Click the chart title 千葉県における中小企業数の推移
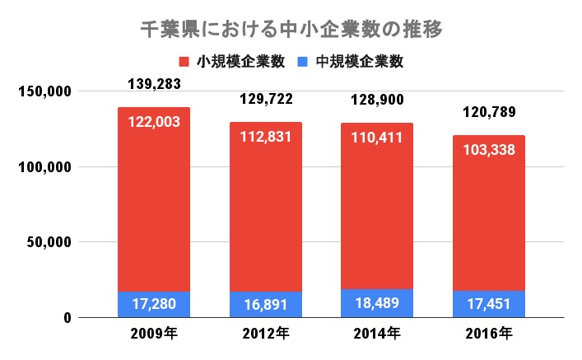[291, 30]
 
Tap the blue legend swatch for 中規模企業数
[302, 62]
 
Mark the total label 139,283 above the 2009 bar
[154, 84]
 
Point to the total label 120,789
[489, 112]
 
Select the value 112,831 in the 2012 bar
[266, 137]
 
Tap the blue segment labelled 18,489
[378, 303]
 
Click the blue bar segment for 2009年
[154, 305]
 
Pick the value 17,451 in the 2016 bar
[489, 304]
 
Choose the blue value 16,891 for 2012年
[266, 304]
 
